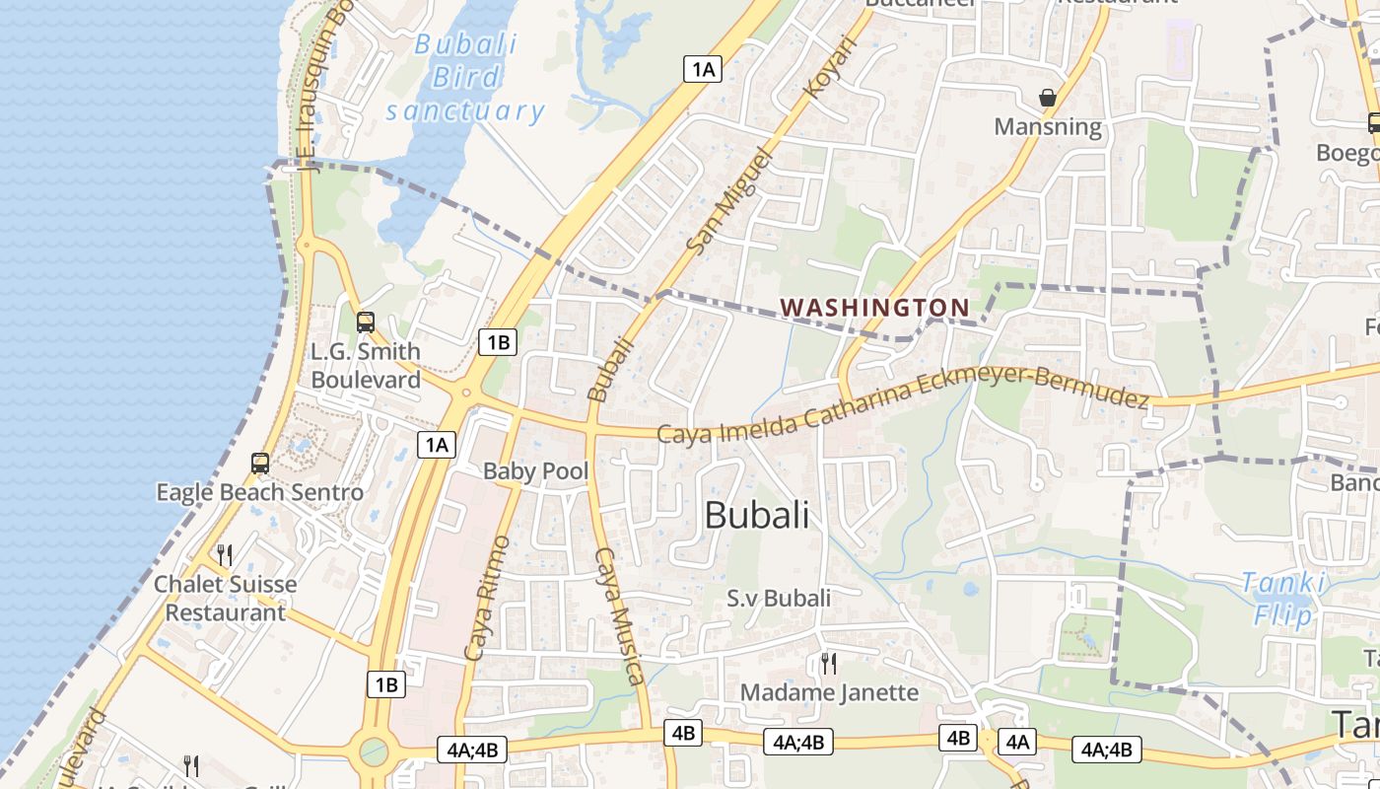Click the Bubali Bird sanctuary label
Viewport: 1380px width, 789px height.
(465, 77)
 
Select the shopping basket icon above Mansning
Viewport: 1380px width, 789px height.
(1048, 98)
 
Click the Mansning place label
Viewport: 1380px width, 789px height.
(1048, 126)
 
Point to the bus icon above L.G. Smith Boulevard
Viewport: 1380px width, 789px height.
(366, 322)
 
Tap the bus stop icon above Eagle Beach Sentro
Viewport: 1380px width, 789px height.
(260, 464)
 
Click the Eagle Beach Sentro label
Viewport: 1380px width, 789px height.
(260, 492)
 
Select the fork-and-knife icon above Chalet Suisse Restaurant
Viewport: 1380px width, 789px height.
(225, 555)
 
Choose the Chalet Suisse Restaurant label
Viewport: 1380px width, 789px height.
(225, 598)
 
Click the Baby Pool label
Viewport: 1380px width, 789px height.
(535, 471)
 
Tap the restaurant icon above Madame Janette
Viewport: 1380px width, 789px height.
(829, 663)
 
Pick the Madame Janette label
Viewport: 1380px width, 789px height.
(829, 692)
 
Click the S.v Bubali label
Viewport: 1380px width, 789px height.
(779, 598)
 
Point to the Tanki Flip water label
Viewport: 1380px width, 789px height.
(1282, 599)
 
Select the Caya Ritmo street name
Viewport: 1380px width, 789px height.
(487, 598)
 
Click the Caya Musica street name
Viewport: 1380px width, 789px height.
(620, 615)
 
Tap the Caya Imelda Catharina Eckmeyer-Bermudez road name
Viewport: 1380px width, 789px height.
(903, 406)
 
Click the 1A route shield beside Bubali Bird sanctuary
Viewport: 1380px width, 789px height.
(703, 69)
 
